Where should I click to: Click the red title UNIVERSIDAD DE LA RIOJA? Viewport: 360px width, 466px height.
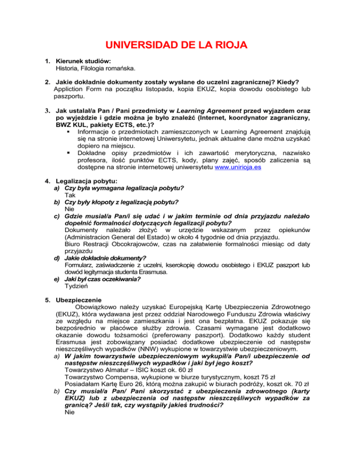(x=180, y=45)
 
